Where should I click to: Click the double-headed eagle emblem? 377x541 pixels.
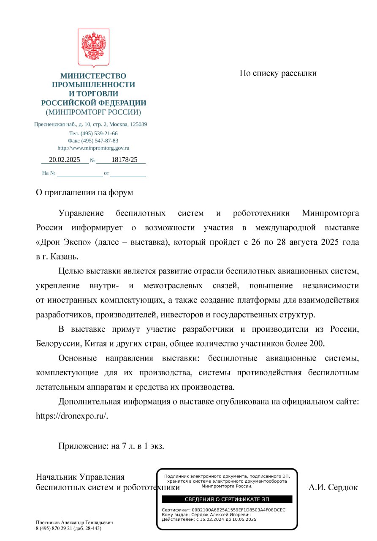coord(93,48)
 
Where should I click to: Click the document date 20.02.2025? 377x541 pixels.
coord(65,159)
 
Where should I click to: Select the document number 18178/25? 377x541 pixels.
coord(125,159)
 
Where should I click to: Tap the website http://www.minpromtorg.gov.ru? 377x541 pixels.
coord(93,148)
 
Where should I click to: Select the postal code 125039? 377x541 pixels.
coord(138,124)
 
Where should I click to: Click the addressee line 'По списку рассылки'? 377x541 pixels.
coord(278,73)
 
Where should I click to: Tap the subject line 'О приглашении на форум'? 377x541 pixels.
coord(84,192)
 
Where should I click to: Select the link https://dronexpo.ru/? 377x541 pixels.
coord(72,415)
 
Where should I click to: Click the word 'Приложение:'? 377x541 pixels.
coord(83,445)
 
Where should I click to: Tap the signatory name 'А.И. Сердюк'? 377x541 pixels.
coord(333,487)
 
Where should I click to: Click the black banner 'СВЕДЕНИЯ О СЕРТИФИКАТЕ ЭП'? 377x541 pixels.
coord(227,499)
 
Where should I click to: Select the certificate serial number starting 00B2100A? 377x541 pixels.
coord(239,510)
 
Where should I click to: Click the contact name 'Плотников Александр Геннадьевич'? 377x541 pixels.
coord(74,522)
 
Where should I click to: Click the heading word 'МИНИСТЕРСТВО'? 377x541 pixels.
coord(93,76)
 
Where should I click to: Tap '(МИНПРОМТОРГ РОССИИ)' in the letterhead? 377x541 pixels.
coord(93,112)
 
